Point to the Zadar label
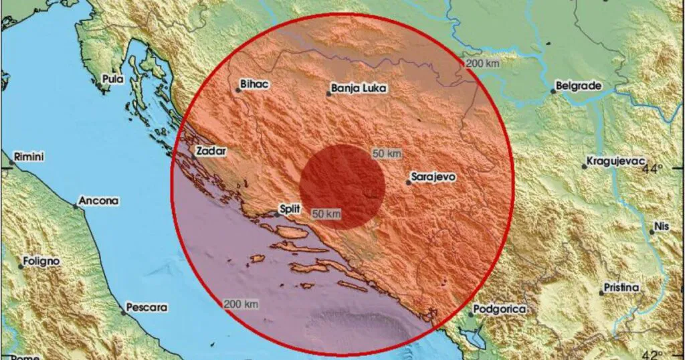click(x=211, y=151)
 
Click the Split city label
click(x=289, y=209)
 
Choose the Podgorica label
click(x=499, y=309)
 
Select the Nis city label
click(x=662, y=226)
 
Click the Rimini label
click(x=29, y=157)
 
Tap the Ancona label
click(x=98, y=200)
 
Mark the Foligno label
click(x=41, y=261)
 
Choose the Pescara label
click(x=144, y=308)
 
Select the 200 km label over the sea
click(x=241, y=304)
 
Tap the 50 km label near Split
click(x=326, y=214)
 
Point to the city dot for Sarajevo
click(x=408, y=182)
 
